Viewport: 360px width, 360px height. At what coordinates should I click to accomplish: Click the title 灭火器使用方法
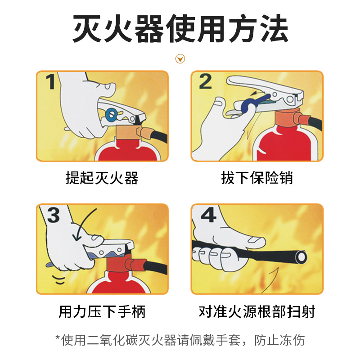pos(180,28)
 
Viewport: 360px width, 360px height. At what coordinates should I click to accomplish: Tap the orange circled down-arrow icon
pos(180,59)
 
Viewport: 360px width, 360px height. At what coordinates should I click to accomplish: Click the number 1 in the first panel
pos(51,81)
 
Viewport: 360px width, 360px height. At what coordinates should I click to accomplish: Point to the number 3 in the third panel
pos(54,215)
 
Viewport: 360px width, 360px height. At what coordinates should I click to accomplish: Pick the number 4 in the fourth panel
pos(208,215)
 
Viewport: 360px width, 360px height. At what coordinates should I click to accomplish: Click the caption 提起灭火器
pos(102,178)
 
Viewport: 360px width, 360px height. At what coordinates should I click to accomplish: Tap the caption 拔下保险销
pos(257,178)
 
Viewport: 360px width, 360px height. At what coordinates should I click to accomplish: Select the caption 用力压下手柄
pos(102,311)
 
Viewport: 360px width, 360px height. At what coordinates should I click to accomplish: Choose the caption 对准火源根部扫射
pos(257,311)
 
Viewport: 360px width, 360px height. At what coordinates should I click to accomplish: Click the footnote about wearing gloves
pos(180,340)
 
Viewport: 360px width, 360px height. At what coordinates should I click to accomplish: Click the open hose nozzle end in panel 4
pos(301,257)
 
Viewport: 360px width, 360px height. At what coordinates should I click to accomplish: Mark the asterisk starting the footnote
pos(58,337)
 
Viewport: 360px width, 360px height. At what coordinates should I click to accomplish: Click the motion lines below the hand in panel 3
pos(59,279)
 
